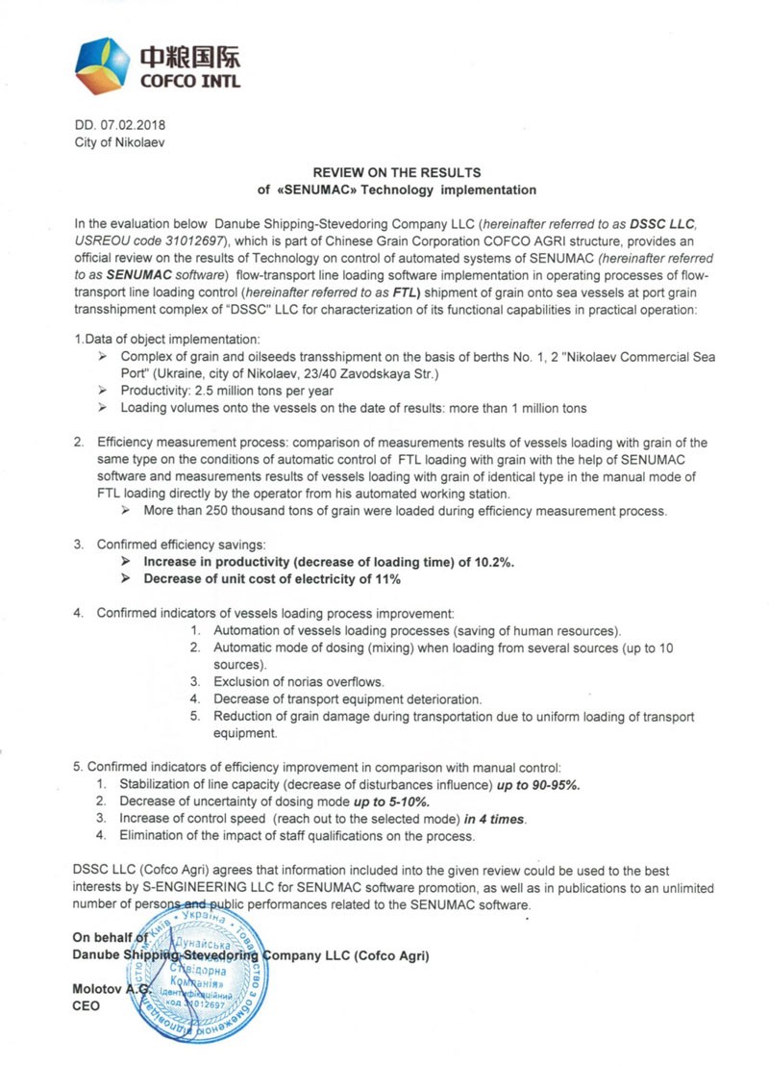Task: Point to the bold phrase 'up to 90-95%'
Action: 538,784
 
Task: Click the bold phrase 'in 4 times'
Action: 496,819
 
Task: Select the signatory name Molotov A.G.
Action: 107,989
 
